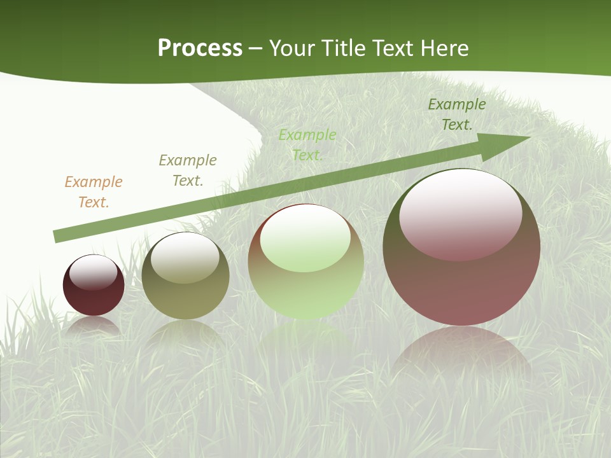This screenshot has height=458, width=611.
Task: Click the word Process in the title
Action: point(200,48)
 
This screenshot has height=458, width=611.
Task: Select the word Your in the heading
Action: point(291,48)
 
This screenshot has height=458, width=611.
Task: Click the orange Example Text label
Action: point(94,192)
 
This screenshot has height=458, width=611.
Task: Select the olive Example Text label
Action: point(188,170)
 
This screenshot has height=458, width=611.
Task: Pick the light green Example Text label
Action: point(307,145)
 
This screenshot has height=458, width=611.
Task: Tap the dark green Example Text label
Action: point(456,114)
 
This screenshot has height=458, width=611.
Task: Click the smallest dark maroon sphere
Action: point(94,299)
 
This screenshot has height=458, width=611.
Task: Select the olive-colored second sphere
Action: point(185,296)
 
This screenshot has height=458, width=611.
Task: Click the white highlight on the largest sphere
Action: point(460,213)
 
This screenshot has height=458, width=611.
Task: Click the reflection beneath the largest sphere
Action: point(461,353)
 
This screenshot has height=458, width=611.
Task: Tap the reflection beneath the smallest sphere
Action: point(94,326)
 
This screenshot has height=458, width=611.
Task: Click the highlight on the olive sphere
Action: point(185,258)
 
